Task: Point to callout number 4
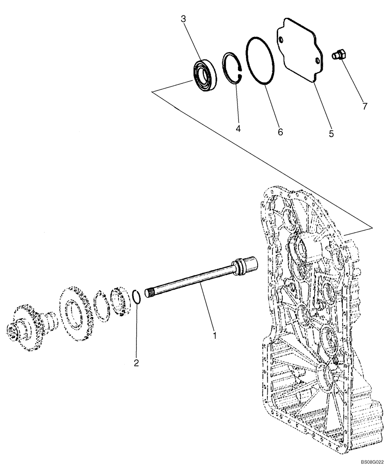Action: pyautogui.click(x=238, y=128)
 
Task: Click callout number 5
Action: pyautogui.click(x=331, y=133)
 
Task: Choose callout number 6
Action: pyautogui.click(x=281, y=132)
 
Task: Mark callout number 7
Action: pyautogui.click(x=365, y=106)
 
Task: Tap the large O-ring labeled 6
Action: pyautogui.click(x=260, y=60)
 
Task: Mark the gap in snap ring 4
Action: pyautogui.click(x=240, y=70)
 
